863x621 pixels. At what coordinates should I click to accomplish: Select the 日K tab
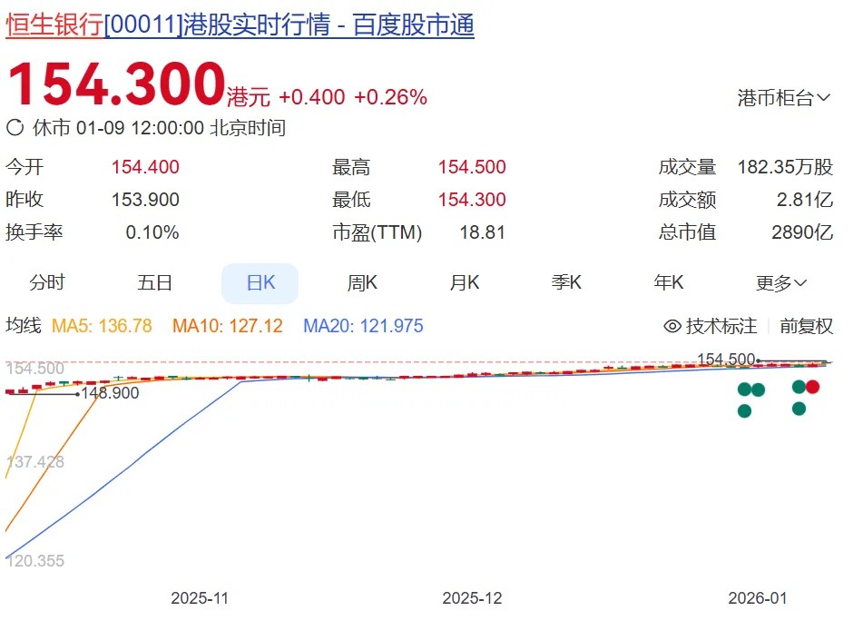pos(260,283)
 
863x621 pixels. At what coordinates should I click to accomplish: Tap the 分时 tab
pos(47,283)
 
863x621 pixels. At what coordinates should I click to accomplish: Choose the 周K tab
pos(362,283)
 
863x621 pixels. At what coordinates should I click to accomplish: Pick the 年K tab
pos(669,283)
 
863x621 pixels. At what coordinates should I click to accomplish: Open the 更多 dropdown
pos(781,283)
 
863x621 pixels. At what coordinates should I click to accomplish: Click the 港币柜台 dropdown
pos(784,98)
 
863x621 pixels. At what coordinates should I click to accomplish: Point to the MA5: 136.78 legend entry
pos(102,326)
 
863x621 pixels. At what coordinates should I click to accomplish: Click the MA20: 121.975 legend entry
pos(363,326)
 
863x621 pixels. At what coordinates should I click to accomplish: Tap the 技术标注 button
pos(711,326)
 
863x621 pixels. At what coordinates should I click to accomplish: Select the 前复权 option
pos(806,326)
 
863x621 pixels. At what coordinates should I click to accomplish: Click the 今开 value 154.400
pos(145,167)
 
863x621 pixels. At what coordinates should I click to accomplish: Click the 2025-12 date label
pos(472,598)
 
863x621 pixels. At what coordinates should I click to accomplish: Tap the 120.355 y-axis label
pos(35,561)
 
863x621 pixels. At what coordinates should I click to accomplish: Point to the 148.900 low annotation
pos(110,393)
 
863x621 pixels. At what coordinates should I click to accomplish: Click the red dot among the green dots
pos(813,388)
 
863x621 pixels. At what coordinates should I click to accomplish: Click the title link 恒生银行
pos(54,25)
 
